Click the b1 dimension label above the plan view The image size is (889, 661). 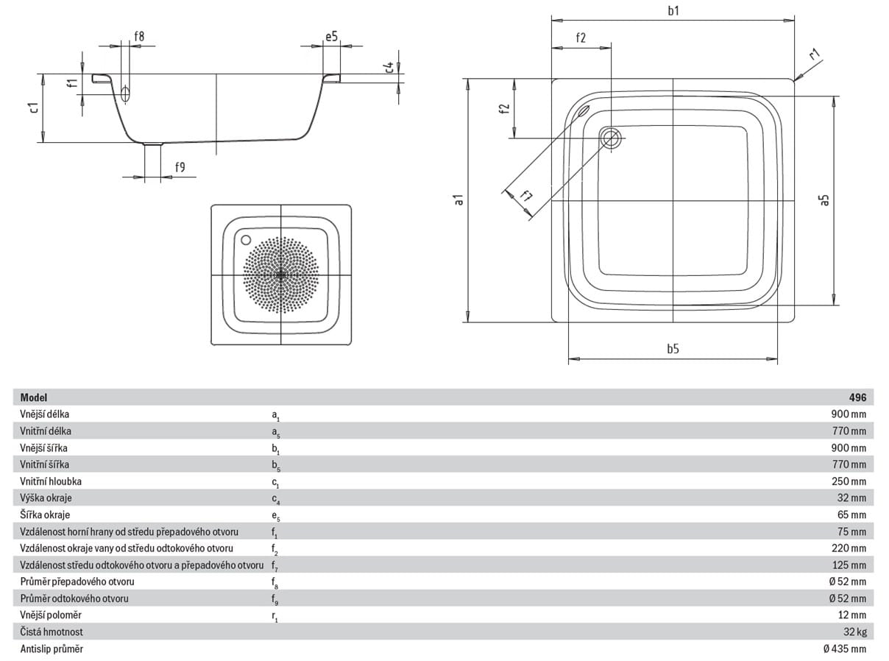[673, 11]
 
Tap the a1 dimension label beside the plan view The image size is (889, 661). [458, 199]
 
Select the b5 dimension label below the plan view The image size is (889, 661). [673, 349]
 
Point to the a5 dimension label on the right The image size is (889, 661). [824, 199]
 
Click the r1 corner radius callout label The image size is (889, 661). [815, 54]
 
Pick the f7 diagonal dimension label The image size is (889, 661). [526, 196]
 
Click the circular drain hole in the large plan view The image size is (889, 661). [611, 138]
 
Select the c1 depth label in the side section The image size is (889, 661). [35, 107]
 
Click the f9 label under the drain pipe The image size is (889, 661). [180, 167]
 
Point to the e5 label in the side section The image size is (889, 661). [331, 37]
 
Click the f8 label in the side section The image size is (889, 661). [139, 37]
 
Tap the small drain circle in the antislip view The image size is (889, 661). [246, 240]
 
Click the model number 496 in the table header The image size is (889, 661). [857, 397]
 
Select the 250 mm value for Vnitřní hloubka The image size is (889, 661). [849, 481]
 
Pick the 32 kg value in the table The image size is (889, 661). [855, 632]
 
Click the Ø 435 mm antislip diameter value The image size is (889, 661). [845, 648]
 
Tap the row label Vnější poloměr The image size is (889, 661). [51, 615]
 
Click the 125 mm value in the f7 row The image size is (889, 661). [849, 565]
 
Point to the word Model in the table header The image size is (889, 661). [34, 397]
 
